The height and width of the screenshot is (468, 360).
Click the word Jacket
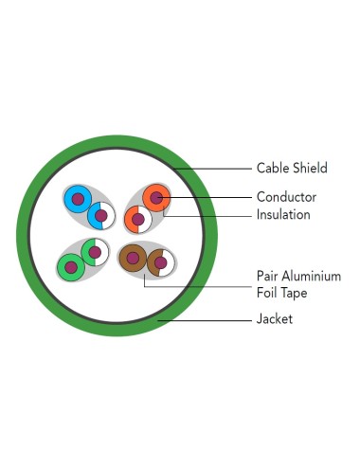[x=275, y=319]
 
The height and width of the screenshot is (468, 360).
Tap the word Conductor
[x=286, y=197]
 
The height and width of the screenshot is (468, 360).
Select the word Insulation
[x=283, y=214]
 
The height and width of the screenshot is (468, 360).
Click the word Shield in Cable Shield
[x=310, y=168]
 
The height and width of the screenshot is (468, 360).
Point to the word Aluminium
[x=312, y=276]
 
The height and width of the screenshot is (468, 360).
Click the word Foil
[x=267, y=293]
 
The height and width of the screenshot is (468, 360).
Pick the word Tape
[x=294, y=294]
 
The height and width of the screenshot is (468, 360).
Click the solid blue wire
[x=78, y=199]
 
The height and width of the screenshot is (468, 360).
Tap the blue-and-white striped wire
[x=101, y=216]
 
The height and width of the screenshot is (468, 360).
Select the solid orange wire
[x=156, y=198]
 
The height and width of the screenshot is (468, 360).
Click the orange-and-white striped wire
[x=138, y=219]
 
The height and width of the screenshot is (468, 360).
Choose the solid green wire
[x=71, y=267]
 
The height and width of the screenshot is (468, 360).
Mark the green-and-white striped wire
[x=95, y=252]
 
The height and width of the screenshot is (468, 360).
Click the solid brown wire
[x=133, y=258]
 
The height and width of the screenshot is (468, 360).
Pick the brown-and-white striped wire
[x=161, y=262]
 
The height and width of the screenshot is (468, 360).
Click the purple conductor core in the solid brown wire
[x=133, y=258]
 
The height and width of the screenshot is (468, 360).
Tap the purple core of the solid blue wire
[x=78, y=199]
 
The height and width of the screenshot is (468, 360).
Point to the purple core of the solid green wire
[x=71, y=267]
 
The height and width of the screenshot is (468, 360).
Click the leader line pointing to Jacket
[x=205, y=320]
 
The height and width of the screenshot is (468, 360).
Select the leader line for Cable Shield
[x=212, y=169]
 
